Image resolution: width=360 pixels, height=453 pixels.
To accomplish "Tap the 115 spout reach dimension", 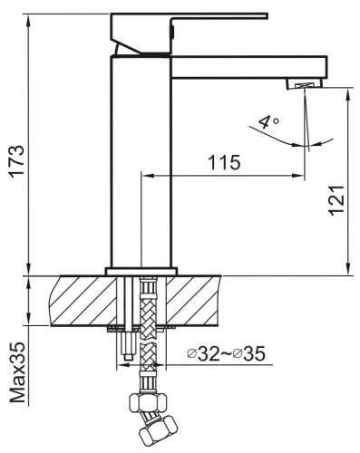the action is (x=224, y=162).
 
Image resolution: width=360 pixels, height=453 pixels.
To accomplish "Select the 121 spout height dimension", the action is (x=336, y=200).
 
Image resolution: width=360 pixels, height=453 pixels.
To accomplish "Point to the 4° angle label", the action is (x=268, y=121).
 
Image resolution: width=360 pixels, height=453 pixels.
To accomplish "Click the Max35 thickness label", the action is (x=17, y=372).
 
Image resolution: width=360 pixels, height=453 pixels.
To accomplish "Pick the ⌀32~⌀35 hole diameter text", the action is (x=226, y=353).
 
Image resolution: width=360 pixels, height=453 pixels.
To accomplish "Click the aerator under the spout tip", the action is (x=304, y=84).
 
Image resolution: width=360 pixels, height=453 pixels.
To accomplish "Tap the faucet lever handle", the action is (x=189, y=34).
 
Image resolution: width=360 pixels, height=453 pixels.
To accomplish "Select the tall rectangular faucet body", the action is (x=141, y=161).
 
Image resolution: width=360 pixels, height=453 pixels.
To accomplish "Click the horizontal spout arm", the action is (x=249, y=67).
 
